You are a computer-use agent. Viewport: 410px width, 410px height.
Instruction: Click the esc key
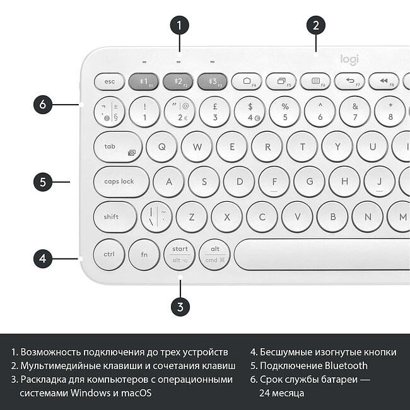point(110,81)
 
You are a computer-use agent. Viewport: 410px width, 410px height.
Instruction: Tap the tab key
point(118,146)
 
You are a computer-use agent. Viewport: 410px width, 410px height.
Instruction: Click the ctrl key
point(108,254)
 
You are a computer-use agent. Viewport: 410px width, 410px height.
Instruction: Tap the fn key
point(144,254)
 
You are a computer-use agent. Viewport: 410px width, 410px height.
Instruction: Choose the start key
point(180,254)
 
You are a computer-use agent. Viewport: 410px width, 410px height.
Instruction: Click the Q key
point(161,146)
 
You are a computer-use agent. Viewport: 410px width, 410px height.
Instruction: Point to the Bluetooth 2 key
point(179,81)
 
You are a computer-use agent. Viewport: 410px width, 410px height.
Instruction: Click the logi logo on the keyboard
point(349,59)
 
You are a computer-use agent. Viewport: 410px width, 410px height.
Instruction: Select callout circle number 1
point(180,25)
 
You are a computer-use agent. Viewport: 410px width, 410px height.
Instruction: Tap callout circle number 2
point(316,25)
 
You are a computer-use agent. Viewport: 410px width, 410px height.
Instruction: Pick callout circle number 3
point(180,307)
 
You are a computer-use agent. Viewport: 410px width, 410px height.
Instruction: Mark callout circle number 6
point(43,104)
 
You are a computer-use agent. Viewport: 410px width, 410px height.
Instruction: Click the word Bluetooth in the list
point(346,365)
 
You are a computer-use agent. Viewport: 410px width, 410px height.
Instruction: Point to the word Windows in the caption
point(93,393)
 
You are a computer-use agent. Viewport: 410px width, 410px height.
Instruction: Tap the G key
point(309,182)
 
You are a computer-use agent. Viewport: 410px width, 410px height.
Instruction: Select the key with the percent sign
point(284,112)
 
